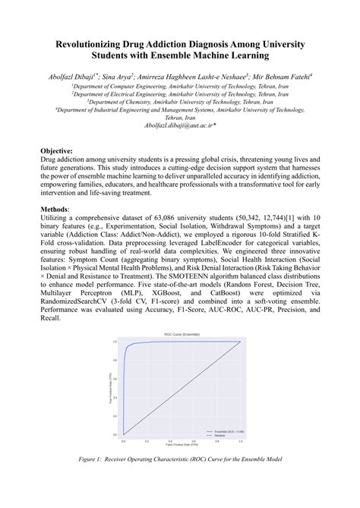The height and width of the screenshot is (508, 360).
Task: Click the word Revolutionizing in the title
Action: pos(83,45)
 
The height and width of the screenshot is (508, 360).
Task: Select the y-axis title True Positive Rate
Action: pos(111,387)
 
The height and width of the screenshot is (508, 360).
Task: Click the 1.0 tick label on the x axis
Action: pos(240,439)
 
